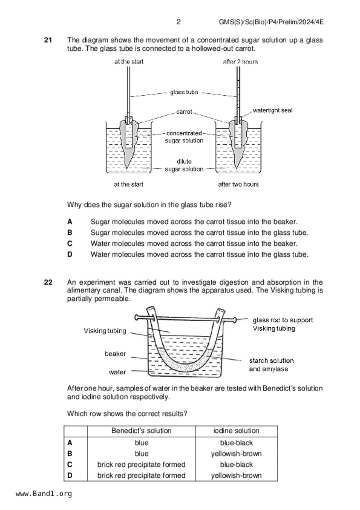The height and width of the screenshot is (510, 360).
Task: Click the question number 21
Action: [x=48, y=40]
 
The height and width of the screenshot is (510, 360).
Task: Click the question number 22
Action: [x=48, y=282]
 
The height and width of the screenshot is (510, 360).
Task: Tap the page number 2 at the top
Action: [x=178, y=22]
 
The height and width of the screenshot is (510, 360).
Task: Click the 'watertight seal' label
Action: [x=272, y=110]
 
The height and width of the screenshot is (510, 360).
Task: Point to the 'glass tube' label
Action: [x=184, y=92]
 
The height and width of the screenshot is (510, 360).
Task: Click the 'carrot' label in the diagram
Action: [x=184, y=112]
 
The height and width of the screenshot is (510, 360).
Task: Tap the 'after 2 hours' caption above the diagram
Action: [x=240, y=62]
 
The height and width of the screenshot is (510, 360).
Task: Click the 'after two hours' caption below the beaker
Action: [x=238, y=184]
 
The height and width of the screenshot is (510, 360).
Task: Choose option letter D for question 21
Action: [x=70, y=254]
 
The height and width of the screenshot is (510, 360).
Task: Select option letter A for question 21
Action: [x=70, y=222]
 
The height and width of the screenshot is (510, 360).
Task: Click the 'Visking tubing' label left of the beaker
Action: [x=105, y=331]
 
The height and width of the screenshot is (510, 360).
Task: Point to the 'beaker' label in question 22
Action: [x=115, y=354]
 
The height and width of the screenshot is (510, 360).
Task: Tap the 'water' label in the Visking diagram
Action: [x=117, y=372]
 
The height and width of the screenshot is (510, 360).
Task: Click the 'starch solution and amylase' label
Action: [x=271, y=365]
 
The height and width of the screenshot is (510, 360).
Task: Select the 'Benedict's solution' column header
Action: [x=141, y=431]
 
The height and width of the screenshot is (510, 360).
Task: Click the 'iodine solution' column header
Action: [x=236, y=431]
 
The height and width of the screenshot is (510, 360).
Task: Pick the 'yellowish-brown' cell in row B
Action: [x=236, y=454]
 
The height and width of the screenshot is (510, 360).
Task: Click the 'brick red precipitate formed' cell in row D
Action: [x=141, y=475]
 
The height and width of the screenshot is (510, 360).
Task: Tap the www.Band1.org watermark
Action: [x=44, y=494]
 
